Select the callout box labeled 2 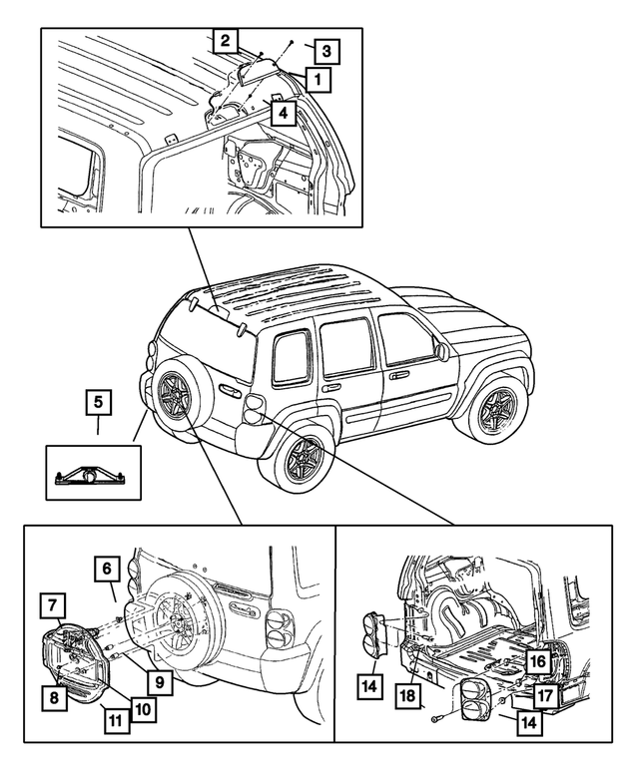tap(226, 41)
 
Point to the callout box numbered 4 tap(285, 114)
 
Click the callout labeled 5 tap(97, 404)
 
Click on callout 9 tap(159, 682)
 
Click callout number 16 tap(537, 660)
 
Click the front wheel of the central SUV tap(494, 408)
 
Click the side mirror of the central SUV tap(440, 352)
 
